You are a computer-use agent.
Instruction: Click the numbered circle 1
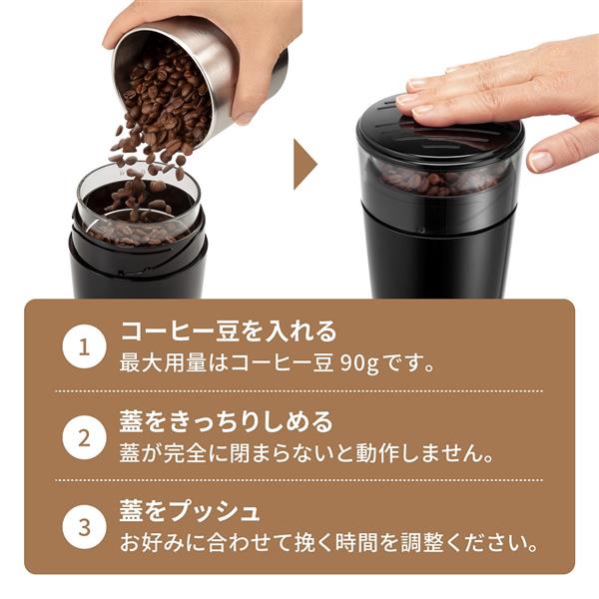85,347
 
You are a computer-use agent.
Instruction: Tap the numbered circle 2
85,436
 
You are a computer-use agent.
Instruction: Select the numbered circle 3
85,526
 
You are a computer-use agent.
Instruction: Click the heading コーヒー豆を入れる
229,331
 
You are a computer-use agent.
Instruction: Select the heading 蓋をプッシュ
190,511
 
